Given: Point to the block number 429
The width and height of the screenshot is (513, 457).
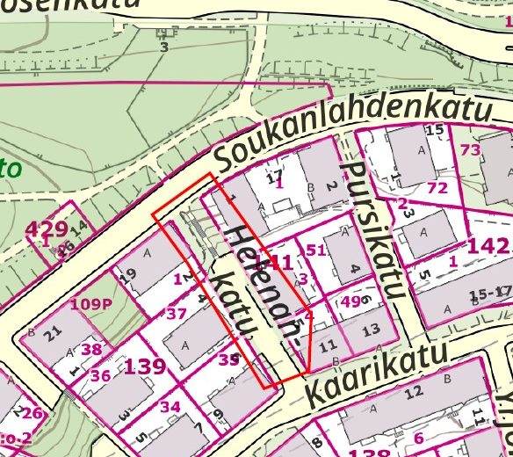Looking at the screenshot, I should pyautogui.click(x=47, y=230).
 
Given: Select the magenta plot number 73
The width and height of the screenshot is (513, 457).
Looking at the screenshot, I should pyautogui.click(x=471, y=150).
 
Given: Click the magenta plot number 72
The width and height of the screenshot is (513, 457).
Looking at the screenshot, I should pyautogui.click(x=437, y=188).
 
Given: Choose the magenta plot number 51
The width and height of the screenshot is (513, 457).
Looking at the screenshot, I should pyautogui.click(x=315, y=250).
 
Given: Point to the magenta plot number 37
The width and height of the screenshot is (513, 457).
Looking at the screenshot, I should pyautogui.click(x=176, y=314).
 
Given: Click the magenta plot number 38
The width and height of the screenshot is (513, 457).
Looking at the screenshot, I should pyautogui.click(x=91, y=349).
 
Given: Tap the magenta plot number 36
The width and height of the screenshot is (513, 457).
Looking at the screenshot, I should pyautogui.click(x=100, y=376).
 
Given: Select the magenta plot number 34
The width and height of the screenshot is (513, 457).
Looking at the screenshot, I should pyautogui.click(x=170, y=407).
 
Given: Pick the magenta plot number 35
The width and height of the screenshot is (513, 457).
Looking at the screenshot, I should pyautogui.click(x=229, y=359).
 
